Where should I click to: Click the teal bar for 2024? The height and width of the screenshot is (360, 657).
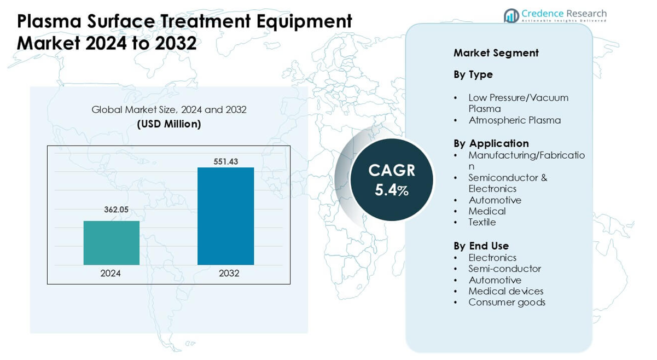pos(111,243)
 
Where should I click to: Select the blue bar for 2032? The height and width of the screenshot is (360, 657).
pos(225,216)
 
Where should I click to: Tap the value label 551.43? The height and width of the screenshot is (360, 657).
pos(225,161)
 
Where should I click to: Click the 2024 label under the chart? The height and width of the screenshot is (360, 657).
pos(111,273)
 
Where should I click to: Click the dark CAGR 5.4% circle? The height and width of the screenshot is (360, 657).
pos(391,179)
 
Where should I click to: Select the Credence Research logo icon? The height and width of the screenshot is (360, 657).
pos(511,16)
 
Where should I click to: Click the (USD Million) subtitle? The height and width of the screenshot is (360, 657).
pos(168,124)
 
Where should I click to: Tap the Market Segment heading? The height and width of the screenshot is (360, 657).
pos(496,53)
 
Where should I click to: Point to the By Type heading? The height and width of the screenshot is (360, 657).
pos(473,74)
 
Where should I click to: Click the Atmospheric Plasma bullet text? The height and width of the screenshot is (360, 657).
pos(514,120)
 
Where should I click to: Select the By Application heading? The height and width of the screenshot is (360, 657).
pos(491,143)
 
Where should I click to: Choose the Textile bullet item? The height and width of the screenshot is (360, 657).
pos(482,222)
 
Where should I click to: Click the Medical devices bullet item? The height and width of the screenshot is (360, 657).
pos(505,291)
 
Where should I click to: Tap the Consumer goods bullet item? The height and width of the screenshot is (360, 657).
pos(507,302)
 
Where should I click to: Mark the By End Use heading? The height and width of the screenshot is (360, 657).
pos(481,246)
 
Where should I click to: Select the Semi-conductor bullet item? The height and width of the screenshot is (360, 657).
pos(504,269)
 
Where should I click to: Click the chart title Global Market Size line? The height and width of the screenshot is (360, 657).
pos(168,109)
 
